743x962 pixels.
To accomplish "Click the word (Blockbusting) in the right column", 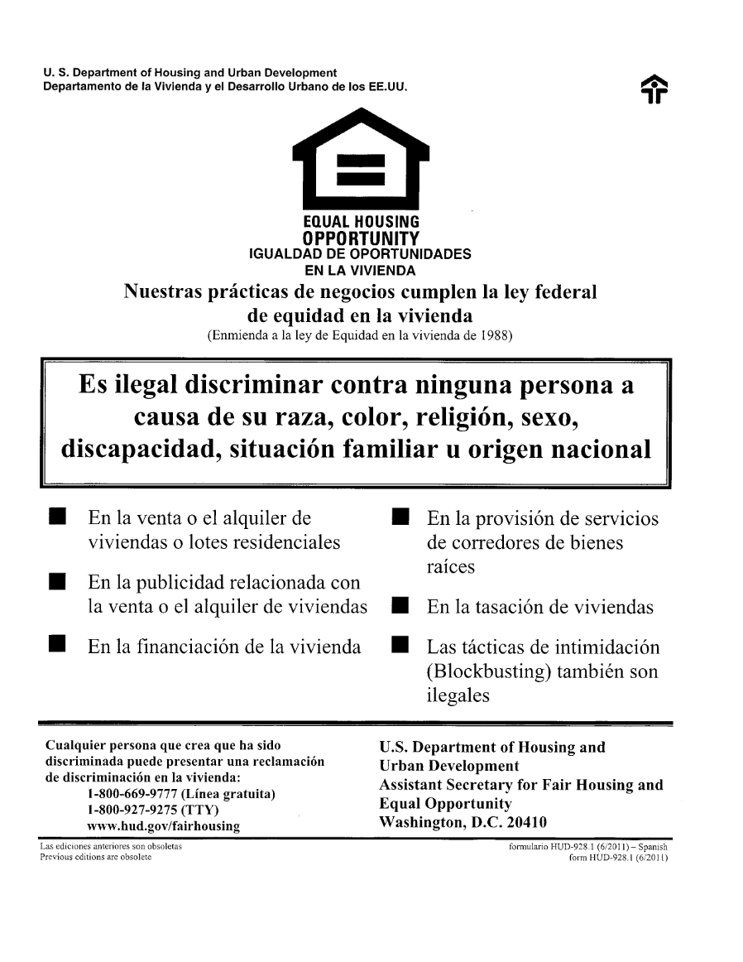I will click(487, 671).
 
